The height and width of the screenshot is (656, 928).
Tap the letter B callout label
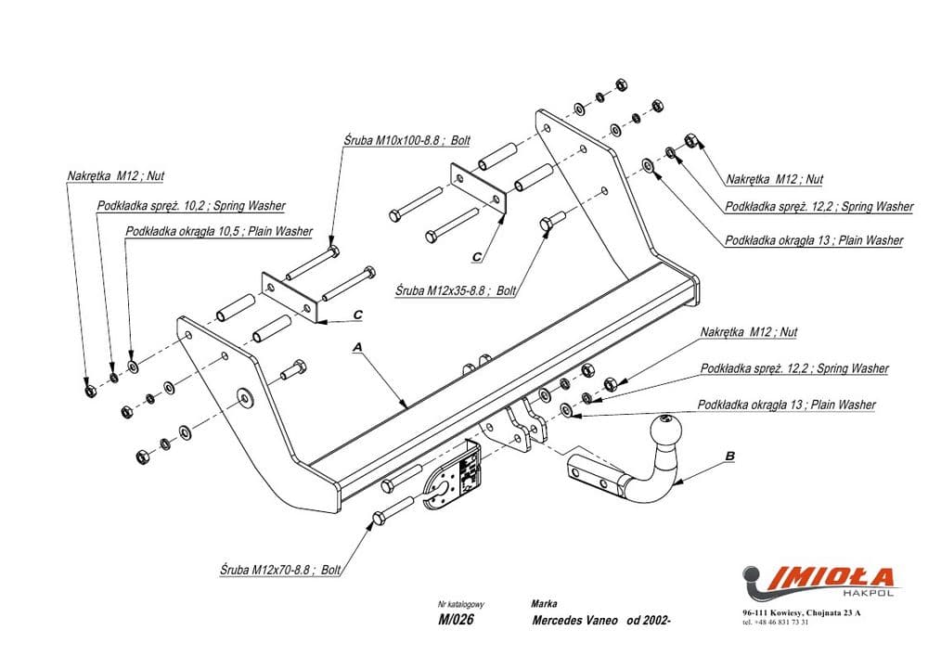(x=729, y=456)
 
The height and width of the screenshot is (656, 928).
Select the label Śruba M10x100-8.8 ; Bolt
(x=406, y=140)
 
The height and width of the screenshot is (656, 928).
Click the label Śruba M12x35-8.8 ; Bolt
(x=455, y=290)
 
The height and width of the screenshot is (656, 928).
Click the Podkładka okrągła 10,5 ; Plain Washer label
(x=219, y=231)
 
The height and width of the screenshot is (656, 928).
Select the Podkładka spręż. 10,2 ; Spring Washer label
(x=191, y=205)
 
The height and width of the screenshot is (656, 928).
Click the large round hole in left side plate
(x=244, y=397)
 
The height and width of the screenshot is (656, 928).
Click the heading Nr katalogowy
(x=461, y=603)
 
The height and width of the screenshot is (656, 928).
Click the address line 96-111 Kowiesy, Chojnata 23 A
(x=803, y=613)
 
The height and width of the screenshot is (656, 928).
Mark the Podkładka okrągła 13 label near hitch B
(x=787, y=405)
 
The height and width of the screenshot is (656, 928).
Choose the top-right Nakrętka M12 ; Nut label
(x=775, y=179)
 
